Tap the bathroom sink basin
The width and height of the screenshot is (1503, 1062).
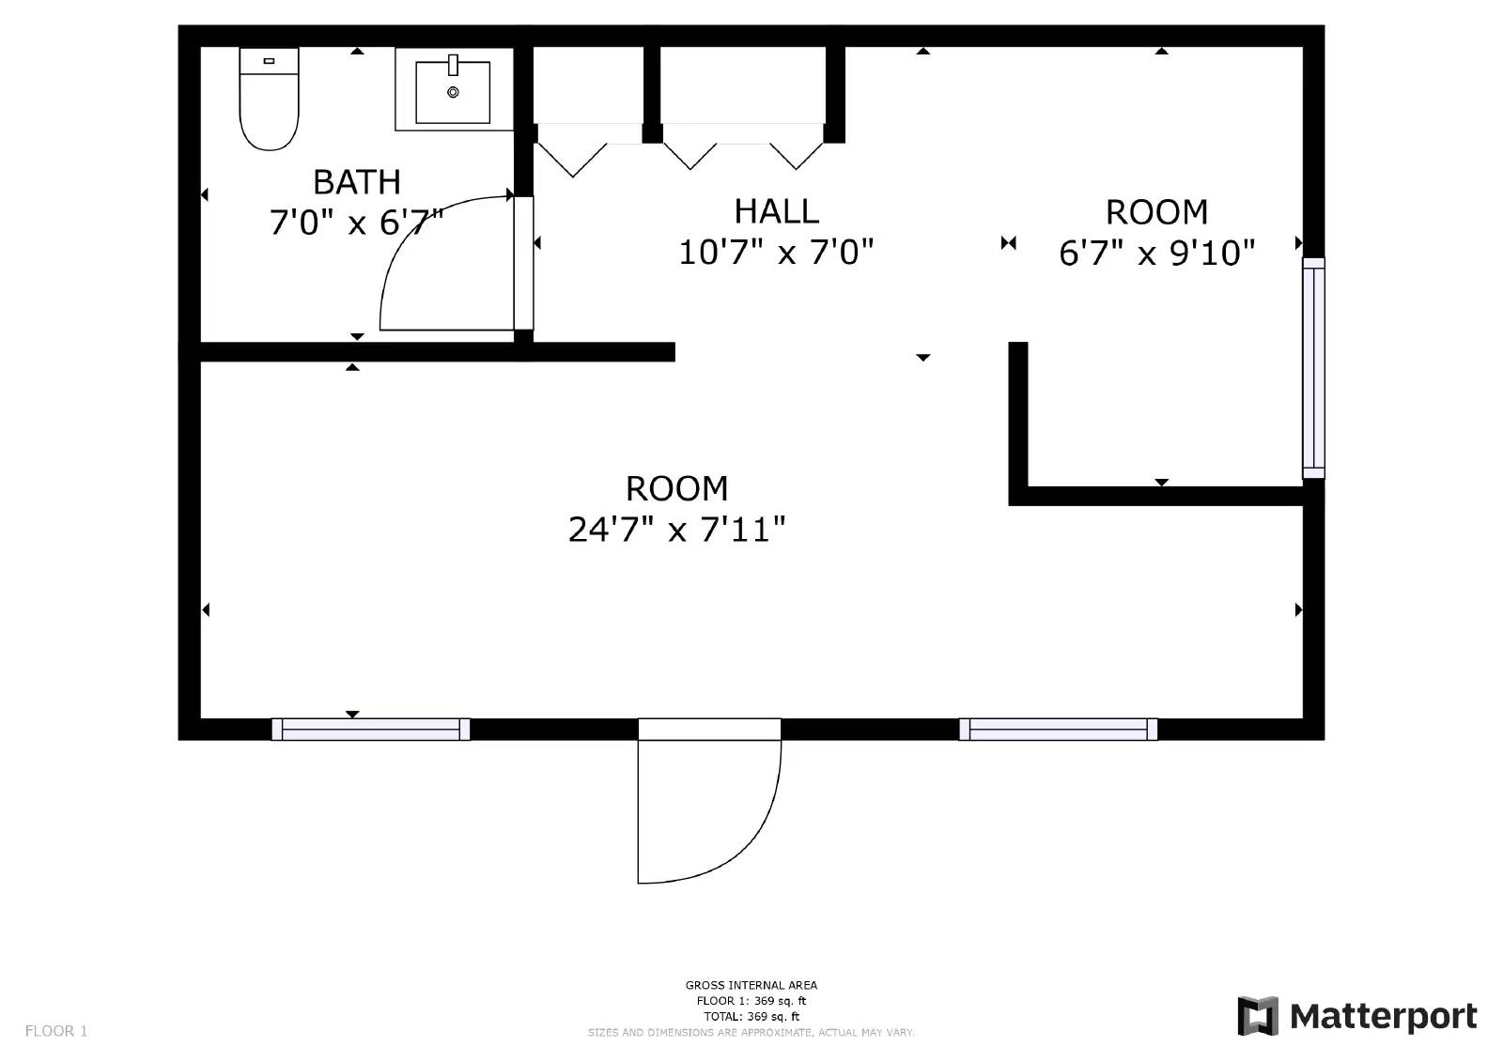(x=453, y=93)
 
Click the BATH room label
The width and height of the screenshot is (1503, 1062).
(x=356, y=181)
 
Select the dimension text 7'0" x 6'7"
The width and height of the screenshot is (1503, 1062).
(x=356, y=223)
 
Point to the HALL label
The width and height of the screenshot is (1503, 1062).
(x=776, y=211)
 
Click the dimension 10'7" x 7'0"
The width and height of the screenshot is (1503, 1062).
(x=776, y=253)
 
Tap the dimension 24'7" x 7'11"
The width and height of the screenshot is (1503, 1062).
(x=676, y=531)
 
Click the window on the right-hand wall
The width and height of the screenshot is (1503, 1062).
(x=1312, y=368)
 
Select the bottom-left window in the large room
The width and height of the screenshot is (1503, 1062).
(x=371, y=730)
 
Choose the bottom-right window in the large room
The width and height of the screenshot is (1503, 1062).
(x=1058, y=730)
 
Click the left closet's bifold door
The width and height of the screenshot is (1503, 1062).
(x=572, y=158)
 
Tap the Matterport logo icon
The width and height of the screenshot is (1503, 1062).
(x=1258, y=1016)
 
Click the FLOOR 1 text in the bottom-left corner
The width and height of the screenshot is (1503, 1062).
(x=56, y=1031)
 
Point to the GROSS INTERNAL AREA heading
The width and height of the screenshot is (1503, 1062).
(x=751, y=985)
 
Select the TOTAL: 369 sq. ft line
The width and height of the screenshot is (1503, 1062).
(x=751, y=1017)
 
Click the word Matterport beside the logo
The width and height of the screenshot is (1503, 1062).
(x=1383, y=1016)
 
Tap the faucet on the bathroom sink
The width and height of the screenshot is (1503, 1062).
(x=453, y=65)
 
